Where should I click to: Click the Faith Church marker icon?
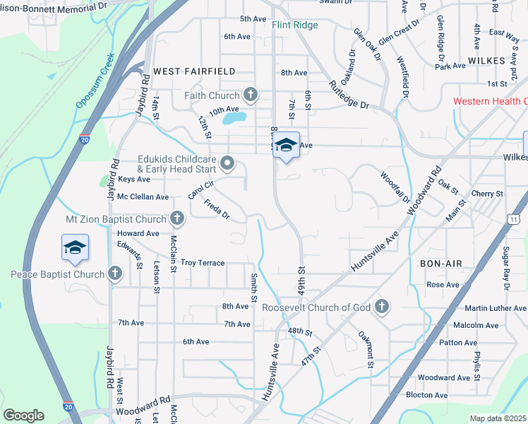250,95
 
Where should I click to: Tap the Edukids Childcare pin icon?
227,164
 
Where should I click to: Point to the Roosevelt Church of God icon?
381,307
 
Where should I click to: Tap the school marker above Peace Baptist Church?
75,247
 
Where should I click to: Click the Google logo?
23,416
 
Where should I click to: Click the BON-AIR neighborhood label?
440,263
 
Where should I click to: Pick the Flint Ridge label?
295,25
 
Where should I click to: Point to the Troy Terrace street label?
203,263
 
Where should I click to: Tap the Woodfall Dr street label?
395,186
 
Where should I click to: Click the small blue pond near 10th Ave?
234,117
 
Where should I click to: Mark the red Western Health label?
490,101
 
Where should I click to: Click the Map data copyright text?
498,418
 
